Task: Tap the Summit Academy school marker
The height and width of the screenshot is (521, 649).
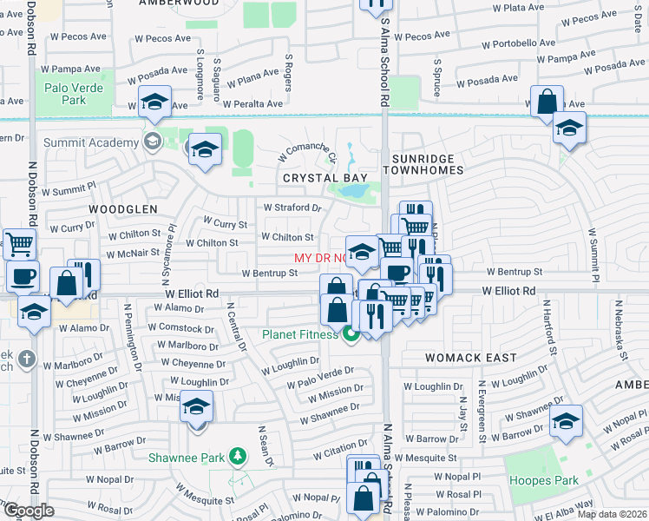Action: point(153,142)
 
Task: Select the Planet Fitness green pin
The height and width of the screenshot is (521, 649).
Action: point(351,334)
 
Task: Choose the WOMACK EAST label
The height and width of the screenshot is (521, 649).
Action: point(471,357)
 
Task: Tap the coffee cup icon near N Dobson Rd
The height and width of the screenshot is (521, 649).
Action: point(23,277)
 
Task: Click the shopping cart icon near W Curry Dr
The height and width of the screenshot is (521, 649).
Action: point(19,244)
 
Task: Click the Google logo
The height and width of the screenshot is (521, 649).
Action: point(29,511)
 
